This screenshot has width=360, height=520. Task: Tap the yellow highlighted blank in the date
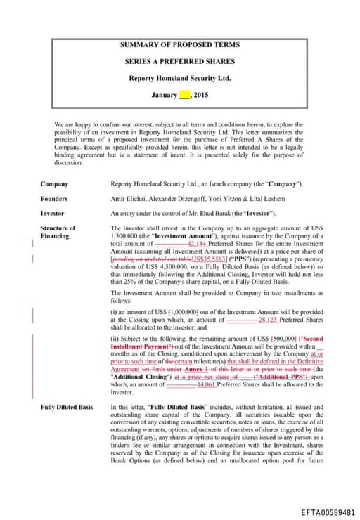(x=185, y=95)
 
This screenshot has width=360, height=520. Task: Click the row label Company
(x=54, y=183)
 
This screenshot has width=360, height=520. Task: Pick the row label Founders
(x=54, y=198)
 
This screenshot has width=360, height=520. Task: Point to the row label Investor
(x=52, y=213)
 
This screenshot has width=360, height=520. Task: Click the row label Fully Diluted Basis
(x=66, y=407)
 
